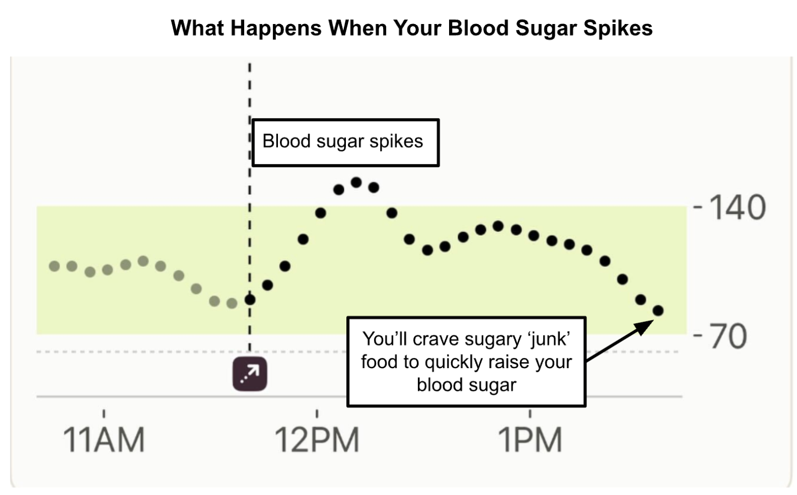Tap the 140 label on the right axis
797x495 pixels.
click(737, 208)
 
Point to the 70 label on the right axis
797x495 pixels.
click(728, 336)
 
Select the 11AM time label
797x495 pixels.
click(104, 440)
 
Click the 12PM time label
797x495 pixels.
click(317, 440)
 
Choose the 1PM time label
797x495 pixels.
click(530, 440)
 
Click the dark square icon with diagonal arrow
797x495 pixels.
click(250, 374)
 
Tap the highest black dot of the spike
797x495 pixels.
click(357, 182)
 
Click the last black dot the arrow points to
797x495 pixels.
click(658, 310)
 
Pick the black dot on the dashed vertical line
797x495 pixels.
click(250, 299)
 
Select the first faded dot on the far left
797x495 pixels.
click(54, 266)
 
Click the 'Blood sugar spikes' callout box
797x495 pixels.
click(345, 143)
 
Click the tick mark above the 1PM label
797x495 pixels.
click(530, 413)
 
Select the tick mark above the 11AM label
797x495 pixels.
click(104, 413)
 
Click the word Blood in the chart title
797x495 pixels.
click(479, 28)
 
